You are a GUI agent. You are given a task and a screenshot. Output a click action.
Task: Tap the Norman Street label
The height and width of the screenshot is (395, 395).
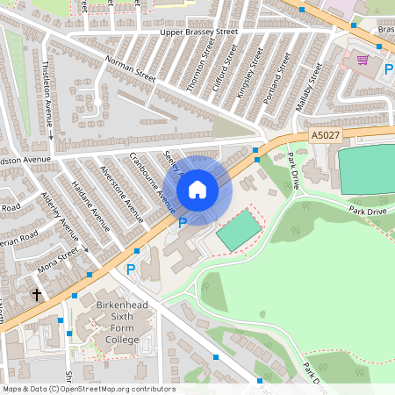130,70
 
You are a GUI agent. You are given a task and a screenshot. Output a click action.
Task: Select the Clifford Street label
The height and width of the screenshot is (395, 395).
225,66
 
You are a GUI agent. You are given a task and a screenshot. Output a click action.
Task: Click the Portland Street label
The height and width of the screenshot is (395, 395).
276,78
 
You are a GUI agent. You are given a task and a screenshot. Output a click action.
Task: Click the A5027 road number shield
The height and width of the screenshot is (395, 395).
324,136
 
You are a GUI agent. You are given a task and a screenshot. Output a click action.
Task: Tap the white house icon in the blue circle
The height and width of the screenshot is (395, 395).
197,190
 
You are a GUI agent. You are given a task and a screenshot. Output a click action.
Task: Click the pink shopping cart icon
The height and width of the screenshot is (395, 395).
363,60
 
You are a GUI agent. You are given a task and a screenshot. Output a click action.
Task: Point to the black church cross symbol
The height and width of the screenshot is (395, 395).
37,295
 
